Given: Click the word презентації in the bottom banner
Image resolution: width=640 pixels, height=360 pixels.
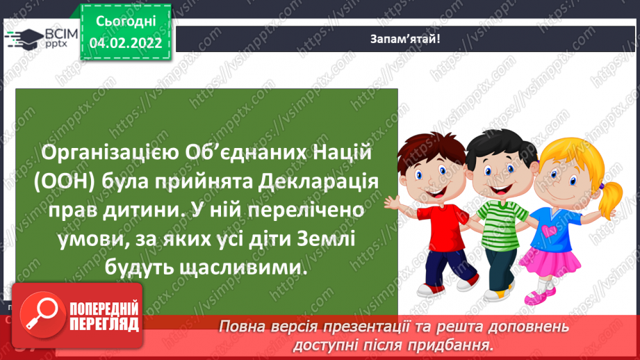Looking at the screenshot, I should (392, 327).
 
